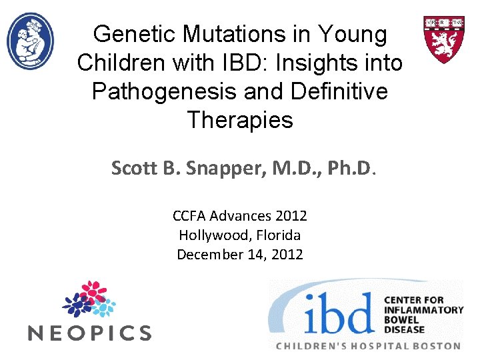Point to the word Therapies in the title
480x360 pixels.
(240, 120)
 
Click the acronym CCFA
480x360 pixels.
(189, 216)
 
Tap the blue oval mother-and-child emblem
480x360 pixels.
(30, 41)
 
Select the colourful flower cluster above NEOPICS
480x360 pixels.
(89, 299)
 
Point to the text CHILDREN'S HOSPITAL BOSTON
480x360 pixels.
(369, 346)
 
